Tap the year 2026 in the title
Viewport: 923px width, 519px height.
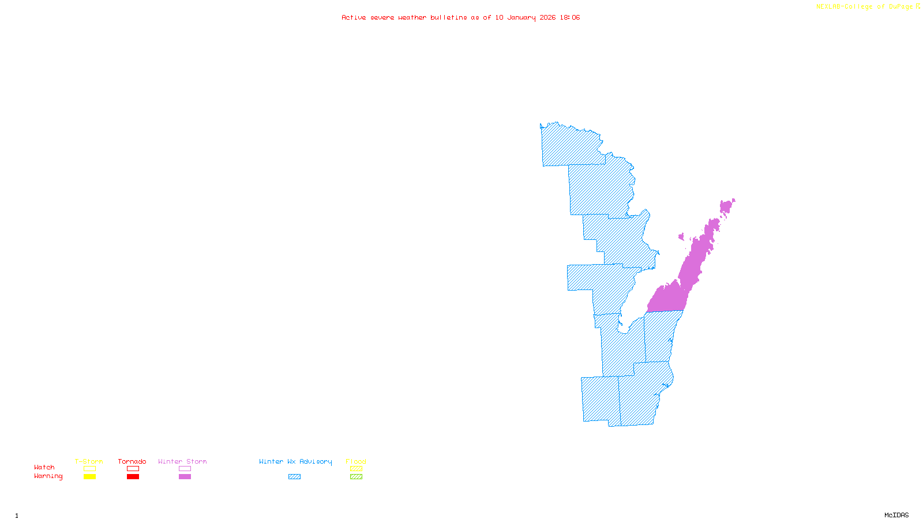[548, 18]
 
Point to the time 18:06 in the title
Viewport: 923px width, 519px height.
[570, 18]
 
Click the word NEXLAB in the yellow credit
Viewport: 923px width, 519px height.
[828, 7]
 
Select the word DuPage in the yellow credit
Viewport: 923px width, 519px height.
[901, 7]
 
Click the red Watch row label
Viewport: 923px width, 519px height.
[44, 468]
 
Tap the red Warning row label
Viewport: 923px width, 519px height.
[48, 476]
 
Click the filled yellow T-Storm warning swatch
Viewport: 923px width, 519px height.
[89, 477]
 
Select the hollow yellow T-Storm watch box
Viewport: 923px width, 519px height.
[89, 469]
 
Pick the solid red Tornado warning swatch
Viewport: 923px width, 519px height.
[133, 477]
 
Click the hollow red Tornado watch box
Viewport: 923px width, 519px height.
[133, 469]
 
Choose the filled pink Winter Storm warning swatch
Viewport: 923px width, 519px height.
[185, 477]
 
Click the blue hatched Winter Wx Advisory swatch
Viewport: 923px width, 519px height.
[294, 477]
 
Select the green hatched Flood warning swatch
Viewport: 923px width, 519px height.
[356, 477]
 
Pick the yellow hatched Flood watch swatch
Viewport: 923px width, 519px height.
[356, 469]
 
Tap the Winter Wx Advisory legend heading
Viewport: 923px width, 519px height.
[295, 461]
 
